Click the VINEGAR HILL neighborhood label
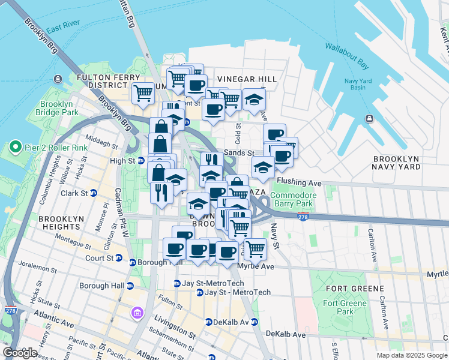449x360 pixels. click(x=247, y=79)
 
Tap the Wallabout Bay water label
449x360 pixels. click(x=347, y=52)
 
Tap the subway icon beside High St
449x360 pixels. click(x=141, y=161)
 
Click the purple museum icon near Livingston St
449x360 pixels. click(x=137, y=313)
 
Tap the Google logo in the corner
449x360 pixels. click(x=20, y=353)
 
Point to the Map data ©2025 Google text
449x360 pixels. click(x=411, y=355)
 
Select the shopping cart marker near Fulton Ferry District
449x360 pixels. click(x=143, y=93)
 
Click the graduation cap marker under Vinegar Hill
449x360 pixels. click(x=254, y=99)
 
